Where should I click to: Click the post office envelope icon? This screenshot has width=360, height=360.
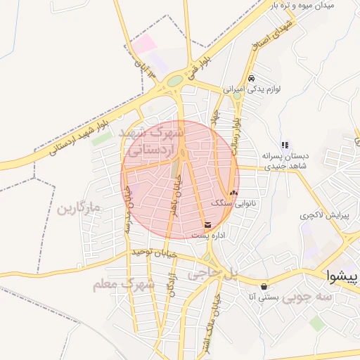point(207,225)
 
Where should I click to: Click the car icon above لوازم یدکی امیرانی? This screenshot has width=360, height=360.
point(251,78)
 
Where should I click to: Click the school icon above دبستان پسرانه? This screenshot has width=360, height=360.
point(285,144)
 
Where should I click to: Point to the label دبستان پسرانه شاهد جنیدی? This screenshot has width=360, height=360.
point(285,160)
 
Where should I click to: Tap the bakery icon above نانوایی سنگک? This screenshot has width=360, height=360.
point(233,192)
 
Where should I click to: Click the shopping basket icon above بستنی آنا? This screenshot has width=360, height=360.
point(264,287)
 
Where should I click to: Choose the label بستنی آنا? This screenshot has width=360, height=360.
point(264,298)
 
